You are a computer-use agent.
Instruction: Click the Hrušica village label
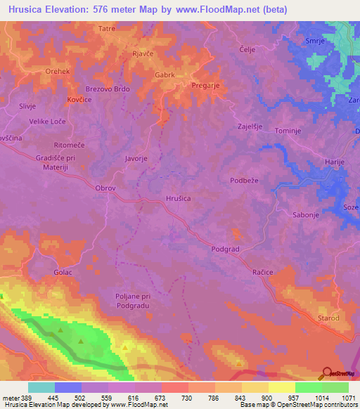[x=177, y=198]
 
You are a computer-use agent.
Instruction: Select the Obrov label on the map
[x=104, y=188]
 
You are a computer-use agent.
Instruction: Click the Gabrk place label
[x=164, y=74]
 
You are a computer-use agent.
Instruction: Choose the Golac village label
[x=63, y=271]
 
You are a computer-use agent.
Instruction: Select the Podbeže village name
[x=245, y=181]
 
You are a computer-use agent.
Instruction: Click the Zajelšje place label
[x=250, y=126]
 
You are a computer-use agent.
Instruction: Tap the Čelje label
[x=247, y=48]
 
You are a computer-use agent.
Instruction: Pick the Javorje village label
[x=136, y=159]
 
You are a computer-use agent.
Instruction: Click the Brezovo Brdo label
[x=108, y=89]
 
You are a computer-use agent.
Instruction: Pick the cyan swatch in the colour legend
[x=41, y=387]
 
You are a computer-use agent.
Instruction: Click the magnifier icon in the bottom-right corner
[x=328, y=372]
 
